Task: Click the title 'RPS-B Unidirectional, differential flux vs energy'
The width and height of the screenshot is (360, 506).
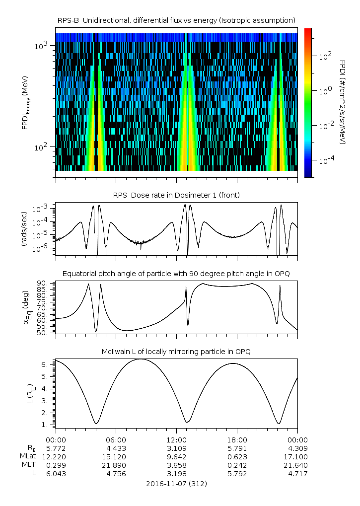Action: pos(176,20)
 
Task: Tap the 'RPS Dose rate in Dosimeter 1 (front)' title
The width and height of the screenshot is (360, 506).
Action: pos(176,195)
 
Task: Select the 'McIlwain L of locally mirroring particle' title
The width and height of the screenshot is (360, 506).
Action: pos(176,352)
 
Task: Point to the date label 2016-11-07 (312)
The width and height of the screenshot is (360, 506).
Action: pos(176,483)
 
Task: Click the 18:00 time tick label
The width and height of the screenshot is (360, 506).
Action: pos(237,439)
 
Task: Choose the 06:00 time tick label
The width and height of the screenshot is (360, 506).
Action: pos(116,439)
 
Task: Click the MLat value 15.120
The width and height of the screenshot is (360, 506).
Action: pos(116,456)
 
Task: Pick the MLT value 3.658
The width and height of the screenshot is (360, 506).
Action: pos(176,465)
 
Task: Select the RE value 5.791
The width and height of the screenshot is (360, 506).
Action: pos(237,448)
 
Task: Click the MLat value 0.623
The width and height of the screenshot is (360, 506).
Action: pos(237,456)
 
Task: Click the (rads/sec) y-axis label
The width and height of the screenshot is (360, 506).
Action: pos(23,229)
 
